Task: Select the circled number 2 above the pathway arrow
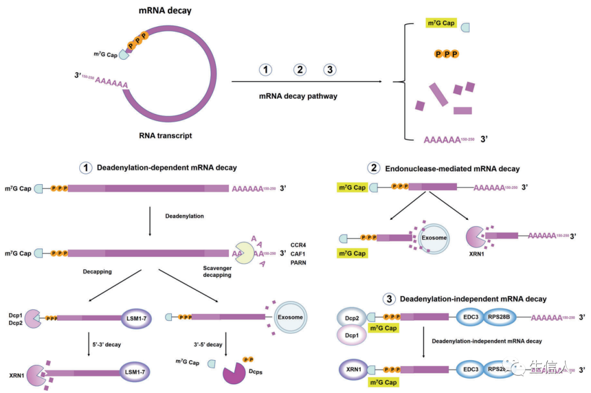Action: (299, 70)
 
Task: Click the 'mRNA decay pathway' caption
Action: (298, 96)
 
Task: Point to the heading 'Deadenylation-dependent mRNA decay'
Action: (167, 168)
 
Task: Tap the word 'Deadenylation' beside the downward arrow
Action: (184, 216)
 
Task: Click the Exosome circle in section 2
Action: (433, 238)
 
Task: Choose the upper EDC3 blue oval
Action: (471, 317)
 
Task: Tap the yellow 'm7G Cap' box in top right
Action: (441, 24)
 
